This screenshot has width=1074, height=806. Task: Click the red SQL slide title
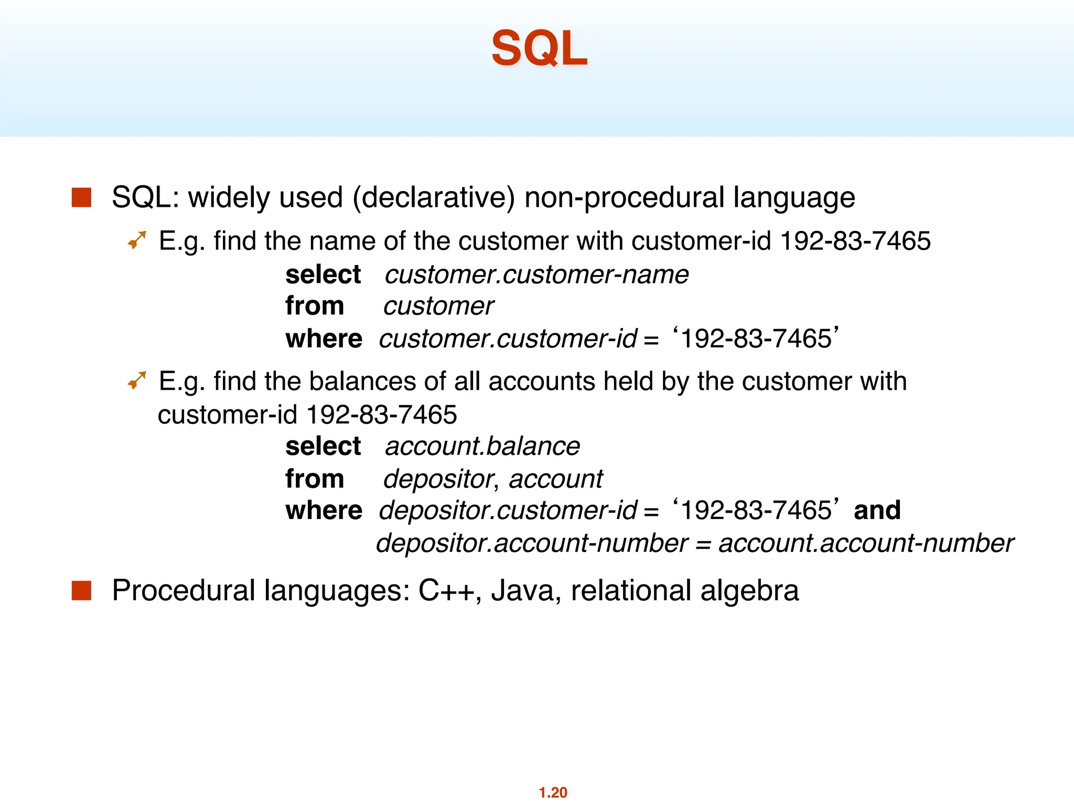[x=539, y=48]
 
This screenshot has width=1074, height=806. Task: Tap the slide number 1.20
[x=553, y=792]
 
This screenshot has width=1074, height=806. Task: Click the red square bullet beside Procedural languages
[x=81, y=590]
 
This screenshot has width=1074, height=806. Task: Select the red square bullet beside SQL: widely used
[x=81, y=197]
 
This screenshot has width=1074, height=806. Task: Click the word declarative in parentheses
[x=434, y=198]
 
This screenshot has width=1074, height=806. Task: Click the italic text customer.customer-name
[x=536, y=274]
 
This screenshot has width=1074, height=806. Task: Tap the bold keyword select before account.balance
[x=323, y=447]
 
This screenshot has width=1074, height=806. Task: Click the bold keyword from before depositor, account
[x=315, y=479]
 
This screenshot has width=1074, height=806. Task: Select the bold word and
[x=877, y=510]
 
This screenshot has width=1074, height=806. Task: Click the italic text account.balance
[x=482, y=447]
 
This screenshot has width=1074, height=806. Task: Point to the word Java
[x=522, y=590]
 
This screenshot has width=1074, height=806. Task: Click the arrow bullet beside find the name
[x=137, y=240]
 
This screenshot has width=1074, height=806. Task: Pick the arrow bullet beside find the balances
[x=137, y=380]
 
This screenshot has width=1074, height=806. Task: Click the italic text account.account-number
[x=866, y=543]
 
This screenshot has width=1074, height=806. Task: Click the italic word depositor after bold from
[x=438, y=479]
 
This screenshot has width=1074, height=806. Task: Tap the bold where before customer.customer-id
[x=324, y=338]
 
